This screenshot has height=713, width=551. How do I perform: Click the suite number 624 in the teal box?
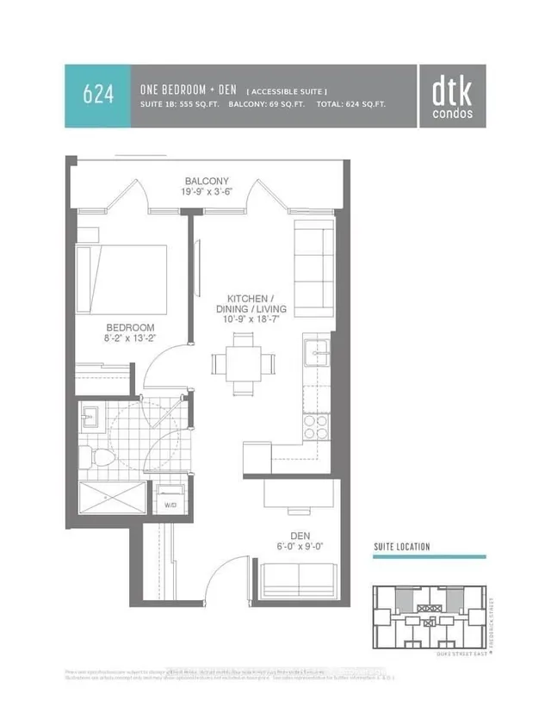97,95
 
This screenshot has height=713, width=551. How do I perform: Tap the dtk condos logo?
453,95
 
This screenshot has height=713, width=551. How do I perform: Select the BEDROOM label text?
130,327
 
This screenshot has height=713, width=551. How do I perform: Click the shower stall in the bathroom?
108,499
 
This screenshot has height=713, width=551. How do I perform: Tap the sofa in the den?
299,580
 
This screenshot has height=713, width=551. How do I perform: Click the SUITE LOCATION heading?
402,547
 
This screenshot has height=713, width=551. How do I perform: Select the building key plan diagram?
428,616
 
